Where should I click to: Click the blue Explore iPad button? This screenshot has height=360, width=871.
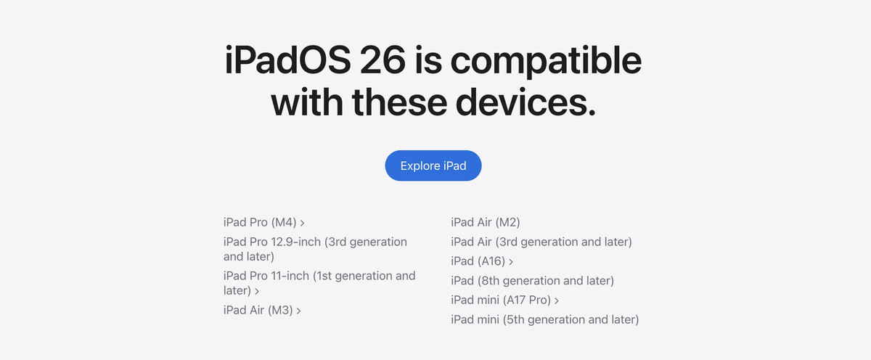click(433, 165)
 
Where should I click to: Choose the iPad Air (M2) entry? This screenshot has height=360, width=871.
click(486, 222)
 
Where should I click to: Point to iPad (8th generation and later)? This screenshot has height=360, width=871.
click(532, 281)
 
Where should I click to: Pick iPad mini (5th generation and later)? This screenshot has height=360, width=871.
click(545, 319)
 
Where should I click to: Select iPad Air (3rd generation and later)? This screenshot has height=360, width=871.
click(541, 242)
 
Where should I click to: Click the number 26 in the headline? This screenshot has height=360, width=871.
click(383, 61)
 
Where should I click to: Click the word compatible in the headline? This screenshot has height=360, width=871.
click(546, 62)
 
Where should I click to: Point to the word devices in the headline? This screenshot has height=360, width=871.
click(526, 102)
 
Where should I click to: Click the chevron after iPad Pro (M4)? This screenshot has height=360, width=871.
click(302, 223)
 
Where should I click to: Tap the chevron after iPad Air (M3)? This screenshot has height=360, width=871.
click(298, 311)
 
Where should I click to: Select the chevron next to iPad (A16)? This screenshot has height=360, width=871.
click(511, 262)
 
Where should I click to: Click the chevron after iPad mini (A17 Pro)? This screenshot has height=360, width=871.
click(557, 301)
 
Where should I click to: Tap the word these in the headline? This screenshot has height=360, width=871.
click(399, 102)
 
